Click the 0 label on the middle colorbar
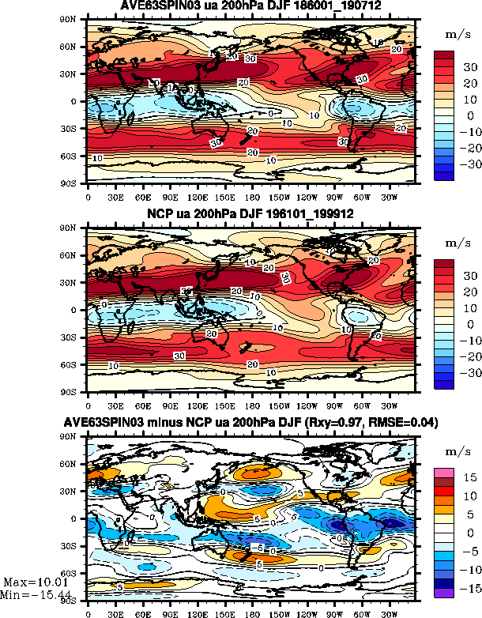tap(466, 324)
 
